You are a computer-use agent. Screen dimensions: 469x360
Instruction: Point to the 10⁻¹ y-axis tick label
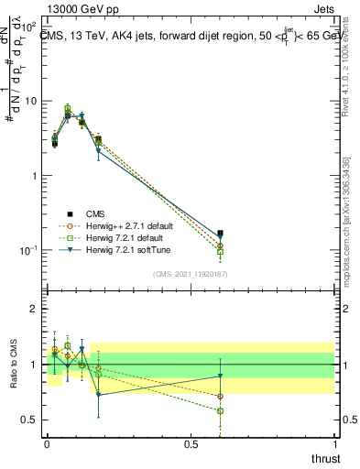click(31, 250)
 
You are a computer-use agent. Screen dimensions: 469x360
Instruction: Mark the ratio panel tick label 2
click(34, 309)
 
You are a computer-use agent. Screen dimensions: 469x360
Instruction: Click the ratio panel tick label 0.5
click(30, 420)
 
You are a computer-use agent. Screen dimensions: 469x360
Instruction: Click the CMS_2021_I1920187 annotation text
click(191, 274)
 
